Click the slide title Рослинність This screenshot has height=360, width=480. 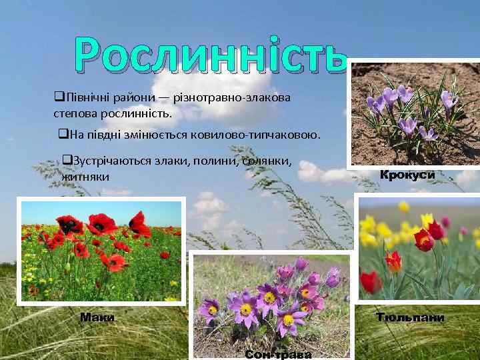tap(212, 55)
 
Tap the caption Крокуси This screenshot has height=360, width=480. tap(407, 175)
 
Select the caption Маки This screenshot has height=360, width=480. tap(97, 317)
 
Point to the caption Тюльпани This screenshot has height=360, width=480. tap(410, 317)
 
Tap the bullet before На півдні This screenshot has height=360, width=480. tap(63, 135)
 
